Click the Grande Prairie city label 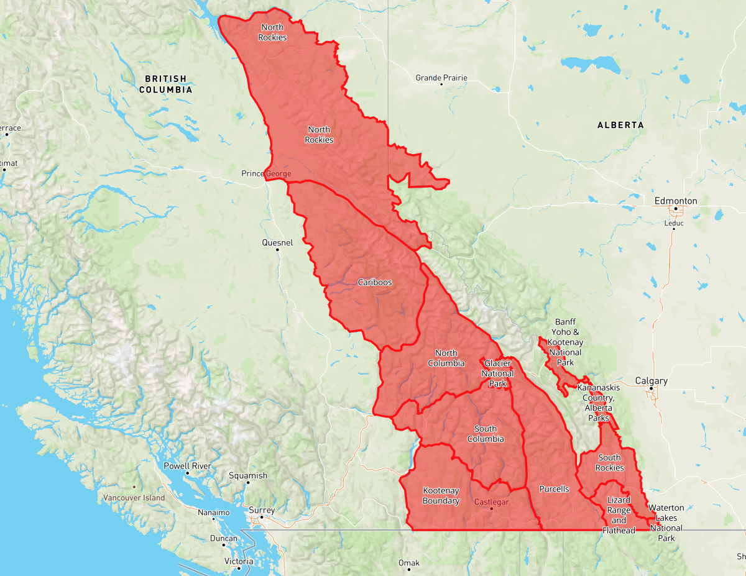(x=441, y=78)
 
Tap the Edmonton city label (x=675, y=201)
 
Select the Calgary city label (x=651, y=381)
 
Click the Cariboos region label (x=375, y=282)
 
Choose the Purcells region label (x=554, y=489)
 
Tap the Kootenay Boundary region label (x=441, y=496)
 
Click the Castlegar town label (x=491, y=501)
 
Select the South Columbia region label (x=486, y=434)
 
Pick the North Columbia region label (x=446, y=359)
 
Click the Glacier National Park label (x=498, y=373)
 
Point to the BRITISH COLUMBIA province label (x=165, y=84)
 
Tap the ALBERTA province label (x=620, y=125)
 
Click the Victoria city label (x=239, y=561)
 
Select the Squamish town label (x=247, y=476)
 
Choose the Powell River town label (x=187, y=466)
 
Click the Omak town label (x=408, y=563)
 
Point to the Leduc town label (x=673, y=223)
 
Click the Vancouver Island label (x=134, y=498)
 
